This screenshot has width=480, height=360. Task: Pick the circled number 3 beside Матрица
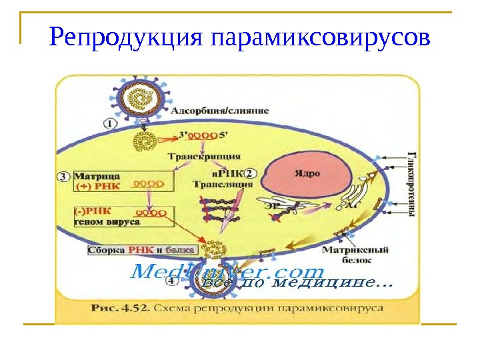coord(63,177)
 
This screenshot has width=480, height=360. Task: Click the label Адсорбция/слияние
coord(220,111)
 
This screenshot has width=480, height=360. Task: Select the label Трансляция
coord(223,185)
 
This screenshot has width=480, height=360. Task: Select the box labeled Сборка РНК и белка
coord(142,250)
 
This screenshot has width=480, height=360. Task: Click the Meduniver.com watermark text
coord(227,272)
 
